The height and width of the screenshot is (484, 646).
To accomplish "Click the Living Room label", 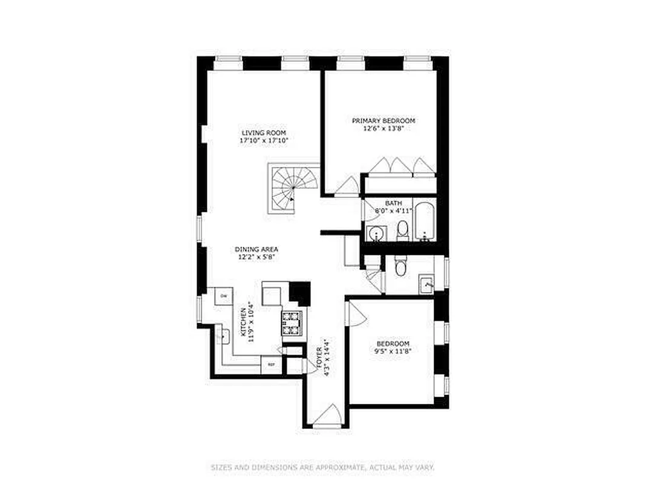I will click(263, 133).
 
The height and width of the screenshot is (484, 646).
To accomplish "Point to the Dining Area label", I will click(256, 249).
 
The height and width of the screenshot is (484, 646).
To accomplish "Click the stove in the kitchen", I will click(292, 323).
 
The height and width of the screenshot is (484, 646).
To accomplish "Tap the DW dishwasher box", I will click(223, 295).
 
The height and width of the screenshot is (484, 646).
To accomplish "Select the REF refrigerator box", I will click(271, 364).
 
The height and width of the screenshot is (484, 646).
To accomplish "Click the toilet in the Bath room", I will click(402, 229).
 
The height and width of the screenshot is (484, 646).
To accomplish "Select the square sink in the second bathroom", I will click(427, 283).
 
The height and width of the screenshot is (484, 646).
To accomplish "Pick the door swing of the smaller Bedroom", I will click(355, 312).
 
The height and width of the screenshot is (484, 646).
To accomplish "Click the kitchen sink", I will click(223, 336).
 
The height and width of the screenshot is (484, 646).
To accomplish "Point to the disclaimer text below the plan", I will click(322, 467).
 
